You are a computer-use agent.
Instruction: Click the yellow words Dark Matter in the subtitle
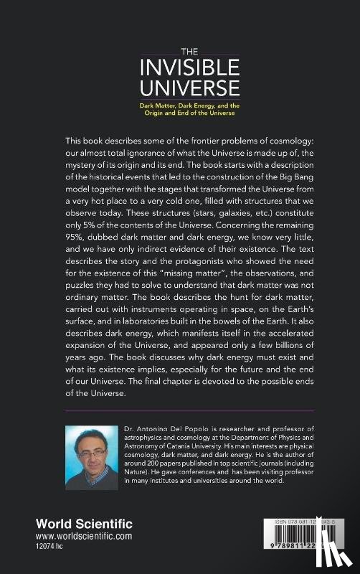[158, 105]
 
